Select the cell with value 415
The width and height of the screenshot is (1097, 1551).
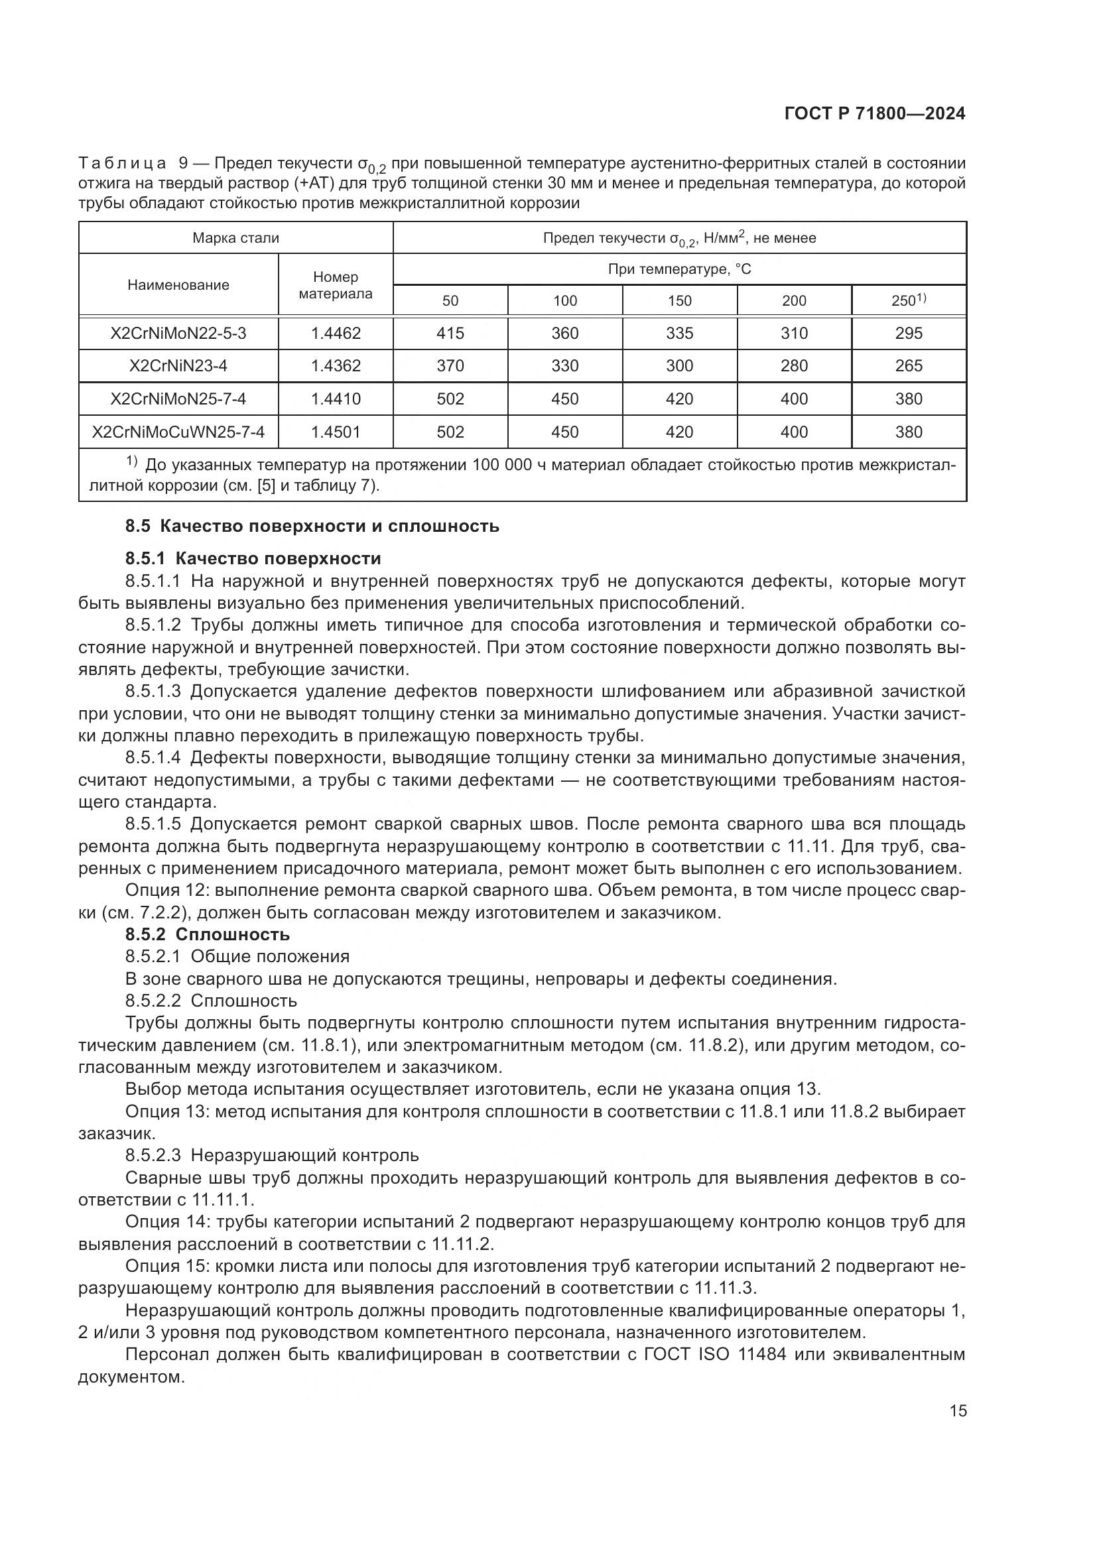450,333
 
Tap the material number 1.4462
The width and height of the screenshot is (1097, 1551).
335,333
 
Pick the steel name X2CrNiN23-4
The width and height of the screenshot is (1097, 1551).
178,365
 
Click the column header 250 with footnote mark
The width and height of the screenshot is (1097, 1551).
908,300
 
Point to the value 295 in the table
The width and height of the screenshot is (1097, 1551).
908,333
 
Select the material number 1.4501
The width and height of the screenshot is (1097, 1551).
335,432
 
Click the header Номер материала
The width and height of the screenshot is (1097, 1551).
335,285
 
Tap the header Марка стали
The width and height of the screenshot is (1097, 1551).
235,238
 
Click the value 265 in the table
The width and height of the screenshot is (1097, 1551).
908,365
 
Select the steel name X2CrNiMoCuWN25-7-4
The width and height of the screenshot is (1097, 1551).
178,432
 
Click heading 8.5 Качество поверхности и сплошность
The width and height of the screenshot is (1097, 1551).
312,527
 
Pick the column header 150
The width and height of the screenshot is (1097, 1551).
679,300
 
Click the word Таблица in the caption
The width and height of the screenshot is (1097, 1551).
122,164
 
